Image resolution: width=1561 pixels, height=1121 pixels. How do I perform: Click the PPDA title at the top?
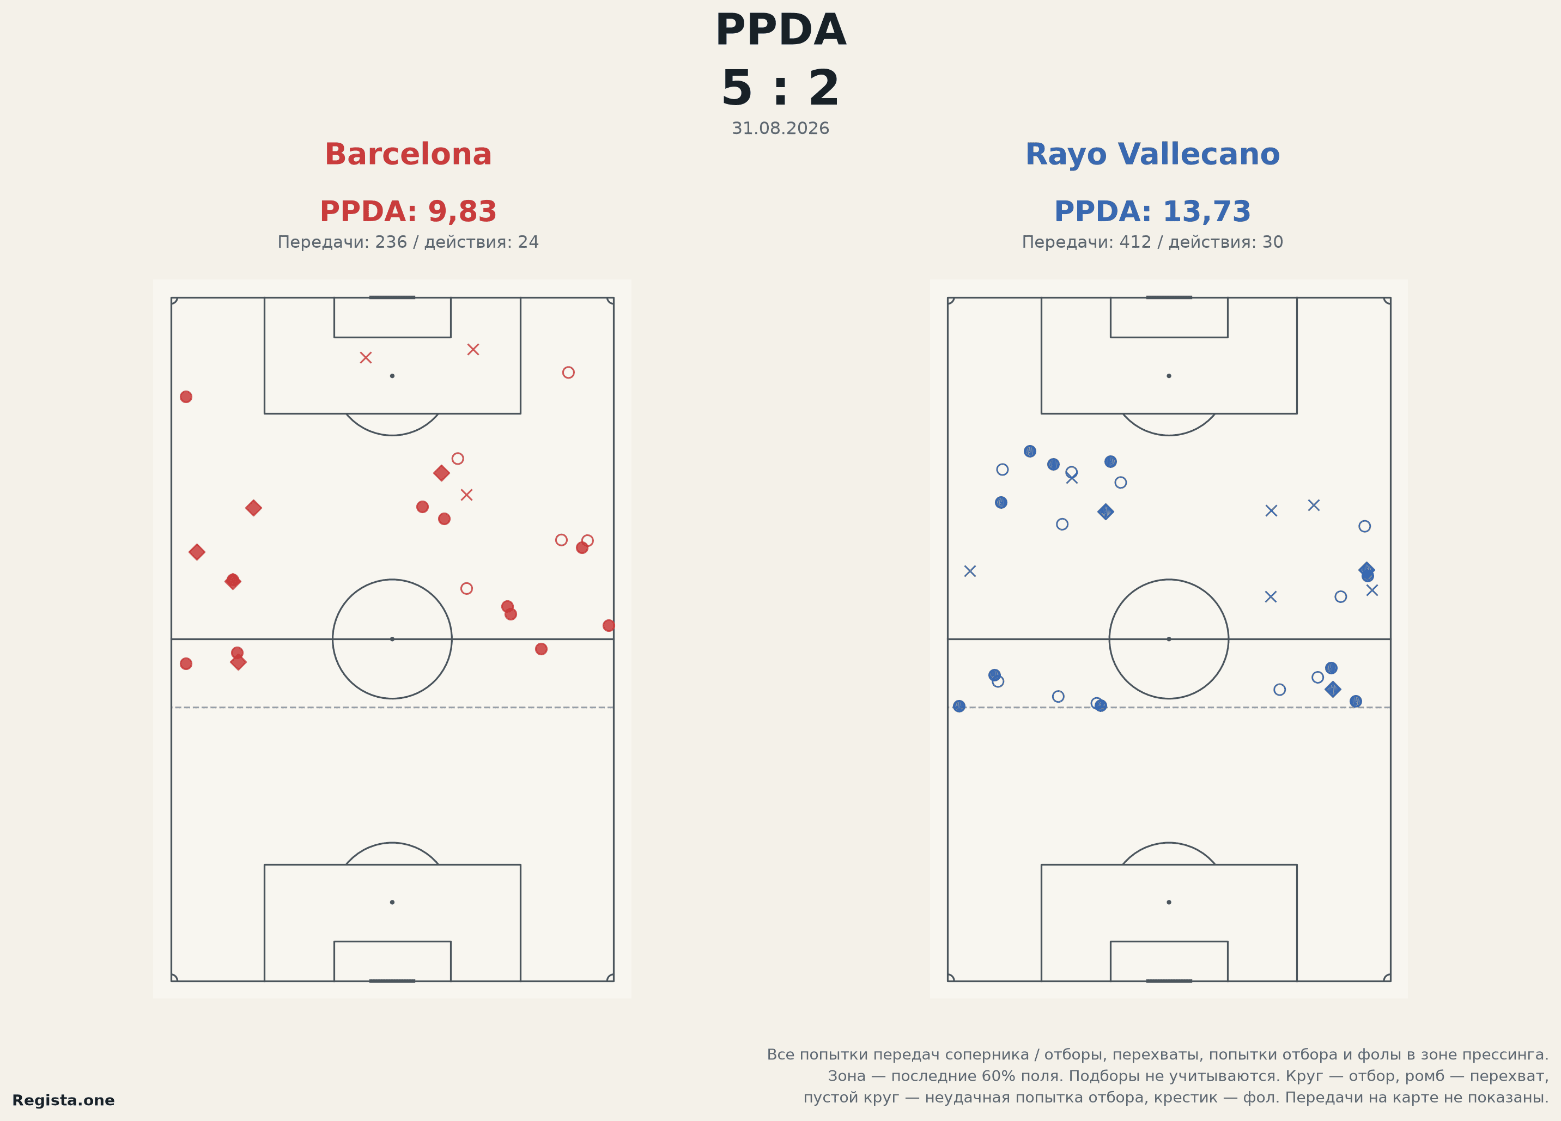click(780, 31)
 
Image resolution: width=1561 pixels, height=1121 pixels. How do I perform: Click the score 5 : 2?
click(780, 89)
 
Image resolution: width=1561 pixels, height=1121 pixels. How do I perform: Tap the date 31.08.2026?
click(780, 129)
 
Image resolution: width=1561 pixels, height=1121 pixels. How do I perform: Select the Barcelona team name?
click(408, 154)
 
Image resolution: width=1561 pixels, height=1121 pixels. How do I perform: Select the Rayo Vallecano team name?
click(1152, 154)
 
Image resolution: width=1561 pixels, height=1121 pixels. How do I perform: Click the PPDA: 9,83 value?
click(408, 211)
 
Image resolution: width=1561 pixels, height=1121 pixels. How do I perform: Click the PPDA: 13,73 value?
click(1152, 211)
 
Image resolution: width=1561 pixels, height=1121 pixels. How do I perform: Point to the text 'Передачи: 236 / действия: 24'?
click(408, 242)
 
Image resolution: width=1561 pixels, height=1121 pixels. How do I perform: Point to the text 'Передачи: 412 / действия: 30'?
click(1152, 242)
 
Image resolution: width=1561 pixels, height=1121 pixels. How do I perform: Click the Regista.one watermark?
click(63, 1100)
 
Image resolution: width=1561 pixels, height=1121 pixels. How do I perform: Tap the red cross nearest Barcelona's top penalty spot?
click(366, 357)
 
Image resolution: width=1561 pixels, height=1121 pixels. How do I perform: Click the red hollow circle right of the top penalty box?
click(568, 372)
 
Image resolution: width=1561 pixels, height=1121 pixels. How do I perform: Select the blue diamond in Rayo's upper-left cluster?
click(1106, 511)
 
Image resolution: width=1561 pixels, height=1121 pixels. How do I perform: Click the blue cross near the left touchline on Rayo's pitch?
click(970, 571)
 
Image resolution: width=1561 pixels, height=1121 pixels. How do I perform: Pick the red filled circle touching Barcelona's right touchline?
click(609, 625)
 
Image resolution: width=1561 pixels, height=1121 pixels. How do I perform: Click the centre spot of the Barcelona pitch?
click(392, 639)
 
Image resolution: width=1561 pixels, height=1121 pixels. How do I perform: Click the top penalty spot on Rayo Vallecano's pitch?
click(1169, 376)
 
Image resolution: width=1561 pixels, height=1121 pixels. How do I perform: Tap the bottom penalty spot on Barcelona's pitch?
click(392, 902)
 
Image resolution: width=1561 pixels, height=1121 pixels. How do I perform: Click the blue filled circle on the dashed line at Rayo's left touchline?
click(959, 706)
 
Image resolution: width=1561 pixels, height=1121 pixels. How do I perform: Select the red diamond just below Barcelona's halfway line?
click(238, 662)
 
